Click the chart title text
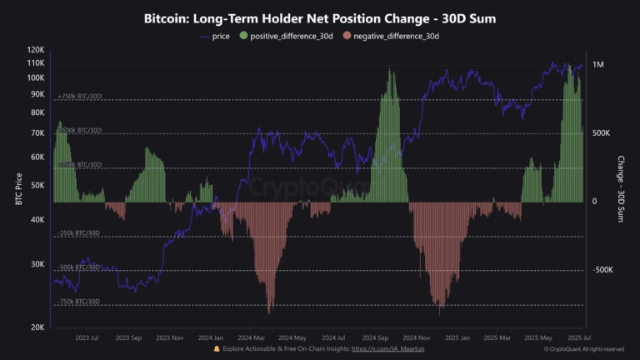(x=320, y=18)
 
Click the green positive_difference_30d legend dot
(x=243, y=37)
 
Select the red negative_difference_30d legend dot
(x=347, y=37)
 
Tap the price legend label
(x=219, y=37)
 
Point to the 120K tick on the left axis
(x=35, y=49)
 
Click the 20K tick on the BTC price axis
(x=37, y=327)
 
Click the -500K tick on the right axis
(x=603, y=270)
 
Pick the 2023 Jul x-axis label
(x=87, y=339)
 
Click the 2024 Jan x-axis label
(x=211, y=339)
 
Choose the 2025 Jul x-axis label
(x=574, y=339)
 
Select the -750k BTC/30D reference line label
(x=79, y=301)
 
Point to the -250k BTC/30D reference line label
(x=79, y=233)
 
